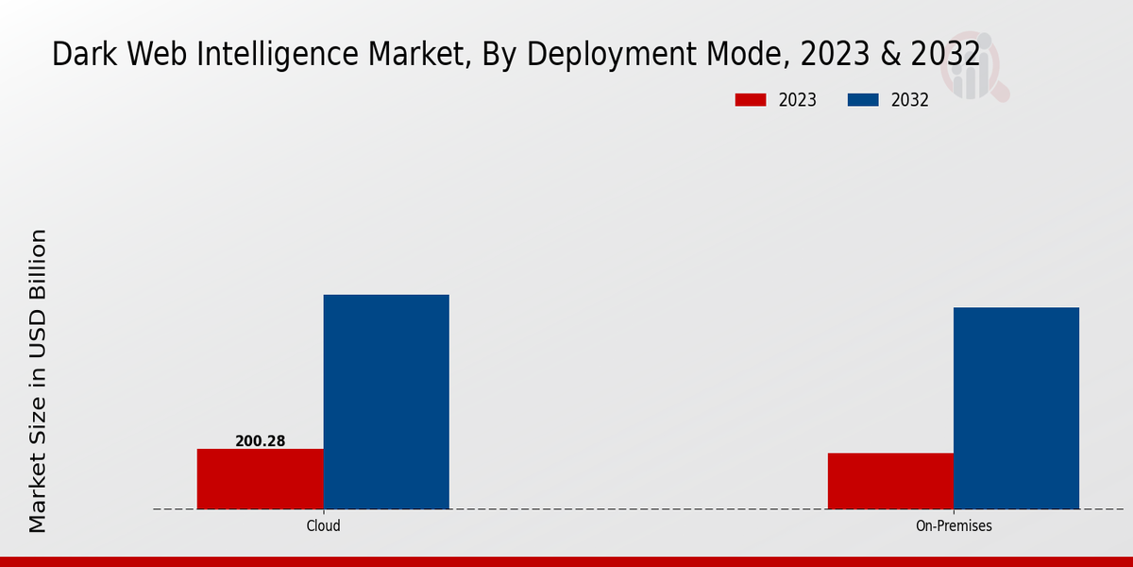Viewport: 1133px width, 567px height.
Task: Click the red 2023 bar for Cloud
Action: click(x=260, y=478)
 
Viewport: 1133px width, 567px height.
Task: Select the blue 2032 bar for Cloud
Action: click(x=386, y=402)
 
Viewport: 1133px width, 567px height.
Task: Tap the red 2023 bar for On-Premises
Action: click(x=890, y=481)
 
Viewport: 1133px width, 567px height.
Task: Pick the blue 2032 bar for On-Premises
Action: click(x=1016, y=408)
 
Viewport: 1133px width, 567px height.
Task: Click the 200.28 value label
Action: click(x=260, y=440)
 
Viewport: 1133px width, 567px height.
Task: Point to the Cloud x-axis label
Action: click(x=323, y=526)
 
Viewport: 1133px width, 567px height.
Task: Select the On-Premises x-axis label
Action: click(x=954, y=526)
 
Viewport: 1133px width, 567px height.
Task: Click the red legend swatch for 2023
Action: click(x=751, y=100)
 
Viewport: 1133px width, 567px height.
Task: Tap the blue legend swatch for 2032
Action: click(x=864, y=100)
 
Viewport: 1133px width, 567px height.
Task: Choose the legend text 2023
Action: click(x=798, y=100)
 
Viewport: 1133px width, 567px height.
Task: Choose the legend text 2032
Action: click(x=910, y=100)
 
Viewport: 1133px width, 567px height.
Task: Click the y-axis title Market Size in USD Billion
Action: click(x=38, y=381)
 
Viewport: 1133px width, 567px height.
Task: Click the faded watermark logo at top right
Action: click(x=977, y=66)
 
